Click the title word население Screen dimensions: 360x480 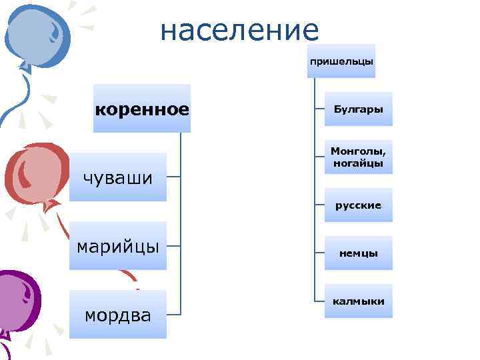tap(240, 29)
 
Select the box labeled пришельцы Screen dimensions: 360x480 tap(341, 61)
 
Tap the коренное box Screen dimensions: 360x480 tap(142, 108)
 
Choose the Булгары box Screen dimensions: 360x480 tap(359, 109)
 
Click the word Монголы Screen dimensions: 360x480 tap(359, 151)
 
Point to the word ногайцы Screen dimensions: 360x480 tap(359, 163)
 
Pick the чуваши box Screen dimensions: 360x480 tap(118, 177)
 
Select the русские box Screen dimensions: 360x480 tap(359, 205)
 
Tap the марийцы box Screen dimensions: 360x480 tap(118, 246)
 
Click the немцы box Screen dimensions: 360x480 tap(359, 253)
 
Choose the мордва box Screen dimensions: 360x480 tap(118, 315)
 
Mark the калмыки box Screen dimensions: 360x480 tap(359, 301)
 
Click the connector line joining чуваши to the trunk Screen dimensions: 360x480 tap(173, 177)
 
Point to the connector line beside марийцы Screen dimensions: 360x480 tap(173, 246)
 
